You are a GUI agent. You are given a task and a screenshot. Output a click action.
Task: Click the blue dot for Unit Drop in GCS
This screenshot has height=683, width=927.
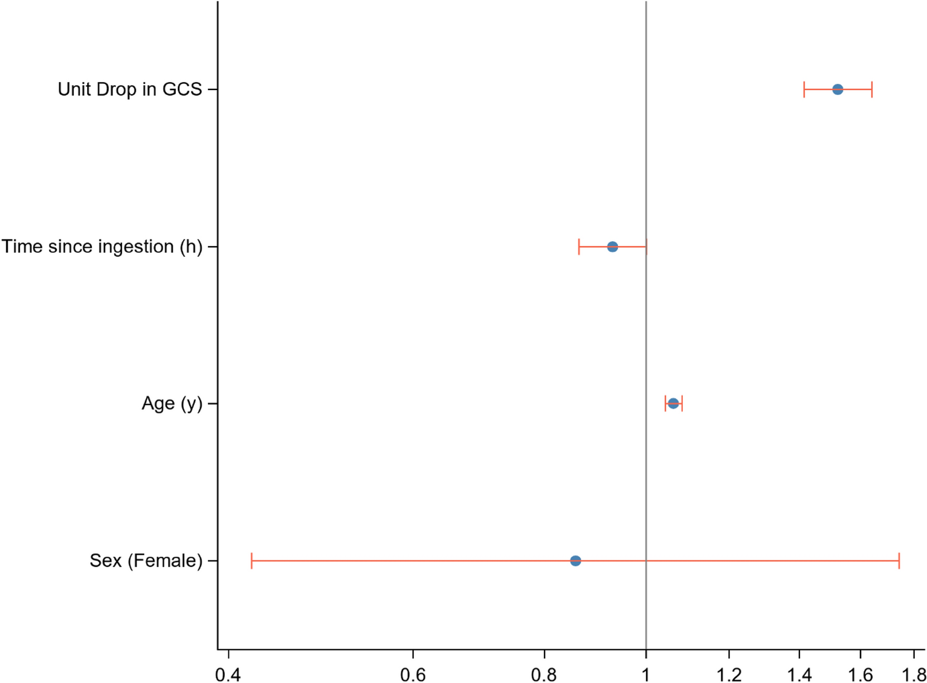pos(838,89)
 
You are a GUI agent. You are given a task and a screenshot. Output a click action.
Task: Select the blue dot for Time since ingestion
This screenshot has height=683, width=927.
pos(612,247)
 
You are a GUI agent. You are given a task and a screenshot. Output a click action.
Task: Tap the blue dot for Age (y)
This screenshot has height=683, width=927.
pos(673,403)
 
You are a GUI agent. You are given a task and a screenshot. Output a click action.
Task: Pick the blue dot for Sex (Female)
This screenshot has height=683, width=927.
pos(575,561)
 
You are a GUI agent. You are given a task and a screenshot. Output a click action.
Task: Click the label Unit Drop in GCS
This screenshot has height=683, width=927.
pos(130,89)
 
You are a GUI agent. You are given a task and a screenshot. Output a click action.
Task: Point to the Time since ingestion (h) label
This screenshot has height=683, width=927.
pos(102,247)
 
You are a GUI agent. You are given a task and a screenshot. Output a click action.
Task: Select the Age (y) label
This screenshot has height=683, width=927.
pos(172,403)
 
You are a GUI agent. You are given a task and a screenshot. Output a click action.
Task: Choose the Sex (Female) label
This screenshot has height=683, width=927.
pos(146,561)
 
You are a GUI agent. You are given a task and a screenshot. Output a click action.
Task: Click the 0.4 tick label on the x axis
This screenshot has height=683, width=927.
pos(228,673)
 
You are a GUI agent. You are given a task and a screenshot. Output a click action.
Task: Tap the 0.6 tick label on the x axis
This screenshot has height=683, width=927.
pos(413,673)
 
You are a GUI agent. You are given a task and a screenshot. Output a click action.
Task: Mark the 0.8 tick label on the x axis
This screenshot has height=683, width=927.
pos(544,673)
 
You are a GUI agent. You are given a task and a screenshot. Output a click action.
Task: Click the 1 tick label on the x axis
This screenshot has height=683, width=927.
pos(646,673)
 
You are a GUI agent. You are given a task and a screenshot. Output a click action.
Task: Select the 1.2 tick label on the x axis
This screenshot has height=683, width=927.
pos(729,673)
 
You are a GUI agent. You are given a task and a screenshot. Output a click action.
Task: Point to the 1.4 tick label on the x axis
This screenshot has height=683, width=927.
pos(799,673)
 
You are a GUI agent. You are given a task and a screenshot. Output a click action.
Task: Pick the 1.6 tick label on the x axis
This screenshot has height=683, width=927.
pos(861,673)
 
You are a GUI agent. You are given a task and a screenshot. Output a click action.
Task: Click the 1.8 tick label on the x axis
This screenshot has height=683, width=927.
pos(913,673)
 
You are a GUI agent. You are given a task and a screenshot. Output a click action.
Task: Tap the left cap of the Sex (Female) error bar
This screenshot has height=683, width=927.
pos(251,561)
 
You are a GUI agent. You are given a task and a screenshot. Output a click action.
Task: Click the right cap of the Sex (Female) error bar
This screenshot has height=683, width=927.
pos(899,561)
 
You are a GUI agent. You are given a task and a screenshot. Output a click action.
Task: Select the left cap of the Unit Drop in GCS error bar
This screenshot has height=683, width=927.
pos(804,89)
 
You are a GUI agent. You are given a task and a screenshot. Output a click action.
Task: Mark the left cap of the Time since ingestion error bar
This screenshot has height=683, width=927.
pos(579,247)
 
